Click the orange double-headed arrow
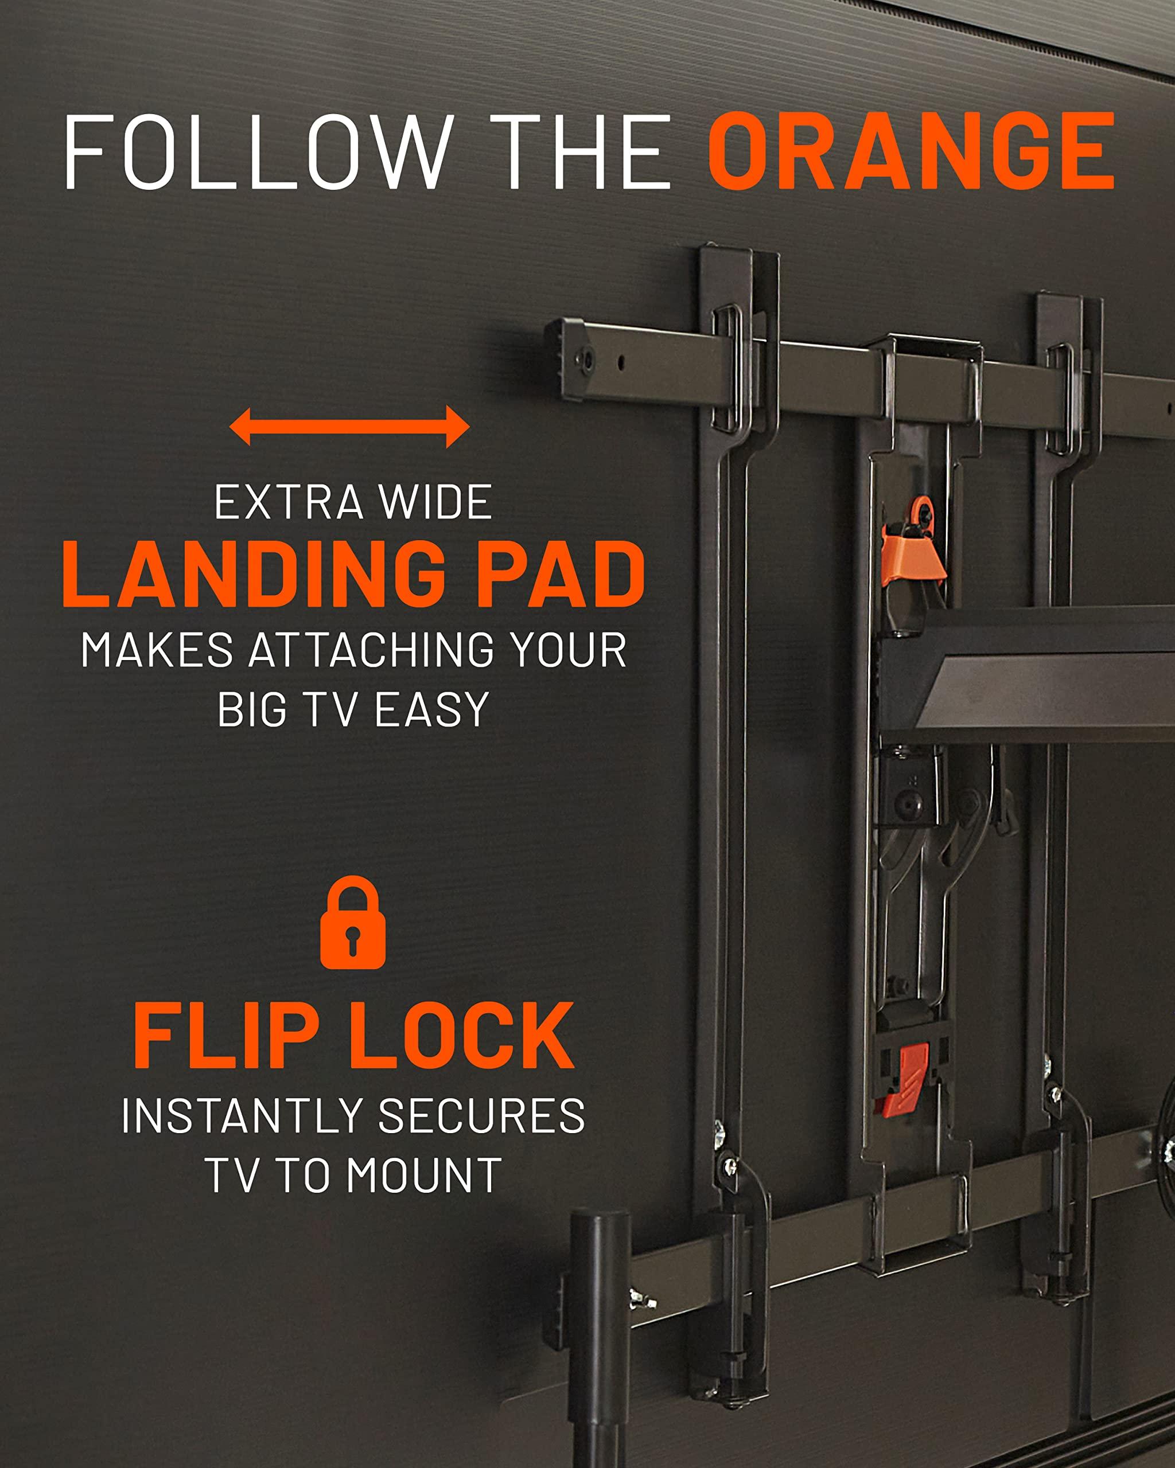(349, 427)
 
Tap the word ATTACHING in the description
(372, 650)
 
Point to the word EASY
(431, 709)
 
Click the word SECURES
(481, 1116)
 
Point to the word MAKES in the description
(157, 650)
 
